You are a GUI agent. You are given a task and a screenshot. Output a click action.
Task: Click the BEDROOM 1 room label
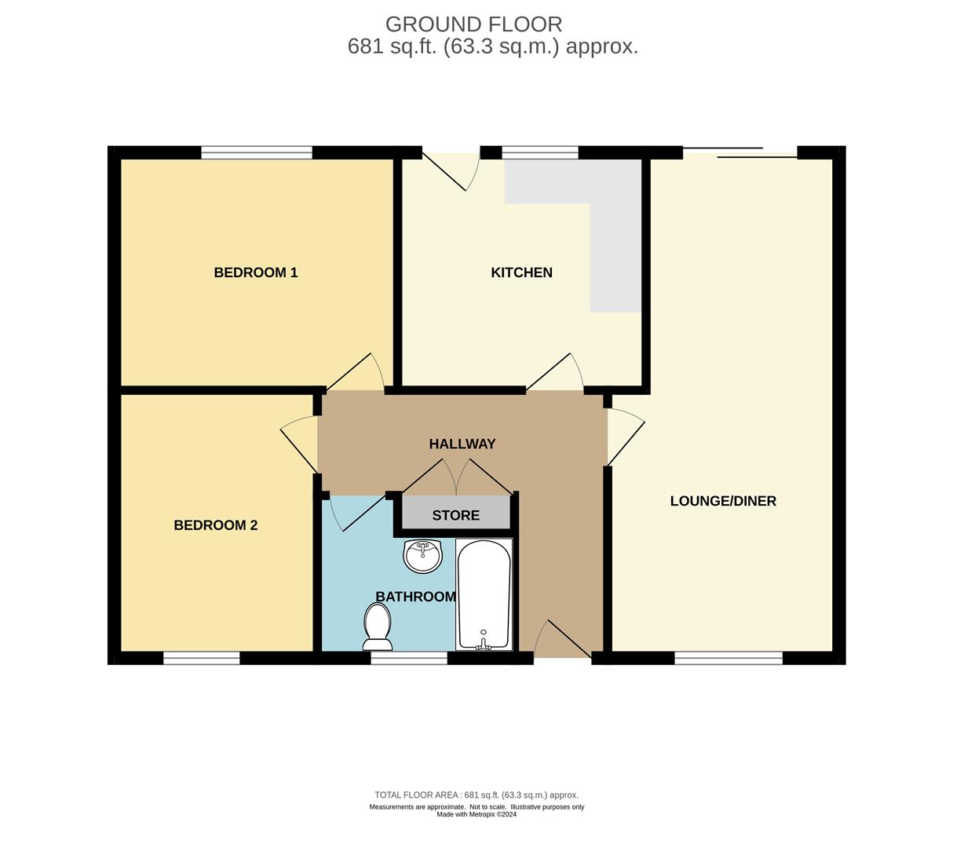click(x=255, y=272)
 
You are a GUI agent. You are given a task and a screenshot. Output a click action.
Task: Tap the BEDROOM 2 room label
click(x=215, y=525)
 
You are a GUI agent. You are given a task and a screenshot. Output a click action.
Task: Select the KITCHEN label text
click(x=521, y=272)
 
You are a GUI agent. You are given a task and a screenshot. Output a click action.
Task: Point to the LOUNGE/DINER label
click(x=722, y=501)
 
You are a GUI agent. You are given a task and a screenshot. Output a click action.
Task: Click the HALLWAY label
click(x=462, y=444)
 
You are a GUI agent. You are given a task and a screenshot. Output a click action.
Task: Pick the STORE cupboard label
click(x=455, y=515)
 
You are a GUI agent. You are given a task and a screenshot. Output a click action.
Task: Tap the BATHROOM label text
click(x=415, y=597)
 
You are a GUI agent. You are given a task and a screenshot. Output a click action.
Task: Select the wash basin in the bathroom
click(x=423, y=556)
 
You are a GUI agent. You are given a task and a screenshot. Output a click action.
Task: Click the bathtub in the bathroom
click(x=484, y=594)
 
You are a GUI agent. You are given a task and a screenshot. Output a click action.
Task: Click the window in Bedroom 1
click(x=256, y=152)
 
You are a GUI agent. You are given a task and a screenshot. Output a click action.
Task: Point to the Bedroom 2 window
click(x=201, y=658)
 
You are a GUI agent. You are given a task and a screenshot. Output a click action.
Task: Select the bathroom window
click(x=408, y=658)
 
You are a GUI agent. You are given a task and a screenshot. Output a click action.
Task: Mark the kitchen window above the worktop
click(x=540, y=152)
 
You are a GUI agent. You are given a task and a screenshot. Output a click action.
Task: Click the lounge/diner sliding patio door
click(x=740, y=152)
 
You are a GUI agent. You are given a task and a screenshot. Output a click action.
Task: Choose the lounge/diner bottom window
click(x=728, y=658)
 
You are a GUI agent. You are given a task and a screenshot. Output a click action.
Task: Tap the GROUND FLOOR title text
click(x=473, y=24)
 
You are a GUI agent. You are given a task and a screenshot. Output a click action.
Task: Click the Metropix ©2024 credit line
click(x=476, y=814)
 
